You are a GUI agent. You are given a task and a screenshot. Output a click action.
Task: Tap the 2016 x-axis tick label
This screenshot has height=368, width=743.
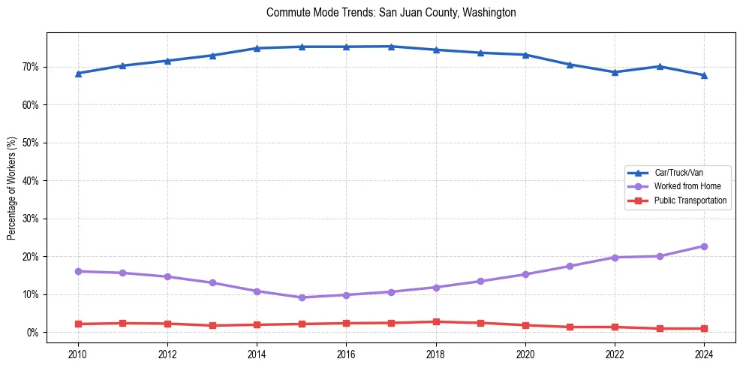click(x=346, y=354)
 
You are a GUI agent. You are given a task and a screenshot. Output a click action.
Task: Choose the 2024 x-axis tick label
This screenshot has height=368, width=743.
click(x=704, y=354)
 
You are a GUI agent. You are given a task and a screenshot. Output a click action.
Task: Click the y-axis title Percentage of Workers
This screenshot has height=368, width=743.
click(x=12, y=188)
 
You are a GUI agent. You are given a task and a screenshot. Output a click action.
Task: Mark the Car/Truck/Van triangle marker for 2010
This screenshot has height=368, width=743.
click(x=78, y=74)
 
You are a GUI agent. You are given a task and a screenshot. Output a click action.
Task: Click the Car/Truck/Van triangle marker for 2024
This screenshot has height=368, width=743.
click(x=704, y=75)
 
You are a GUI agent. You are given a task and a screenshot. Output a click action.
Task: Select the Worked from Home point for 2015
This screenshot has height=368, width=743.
click(x=302, y=297)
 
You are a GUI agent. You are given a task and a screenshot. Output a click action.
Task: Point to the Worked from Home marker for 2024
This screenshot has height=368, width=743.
click(x=704, y=246)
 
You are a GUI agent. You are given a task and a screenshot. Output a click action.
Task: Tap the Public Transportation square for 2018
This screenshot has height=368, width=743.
click(x=436, y=321)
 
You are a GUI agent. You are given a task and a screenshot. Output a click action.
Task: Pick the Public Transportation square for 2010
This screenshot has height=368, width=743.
click(x=78, y=324)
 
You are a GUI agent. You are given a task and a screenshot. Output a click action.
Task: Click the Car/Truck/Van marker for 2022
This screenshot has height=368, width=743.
click(x=615, y=72)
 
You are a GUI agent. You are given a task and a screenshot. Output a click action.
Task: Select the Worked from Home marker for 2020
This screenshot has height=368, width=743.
click(x=525, y=274)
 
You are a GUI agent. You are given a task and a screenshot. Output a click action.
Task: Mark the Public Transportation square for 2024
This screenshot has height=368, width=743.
click(x=704, y=328)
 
